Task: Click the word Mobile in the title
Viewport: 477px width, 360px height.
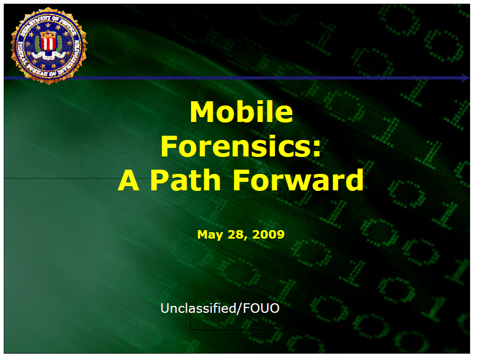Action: (x=241, y=112)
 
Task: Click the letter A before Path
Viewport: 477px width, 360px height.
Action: (x=129, y=180)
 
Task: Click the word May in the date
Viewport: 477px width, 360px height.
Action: (x=207, y=234)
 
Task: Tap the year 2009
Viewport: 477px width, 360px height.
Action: (x=268, y=234)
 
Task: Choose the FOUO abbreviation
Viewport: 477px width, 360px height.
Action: (x=261, y=308)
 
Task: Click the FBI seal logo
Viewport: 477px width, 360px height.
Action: (x=48, y=45)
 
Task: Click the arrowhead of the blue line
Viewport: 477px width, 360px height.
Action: (x=465, y=78)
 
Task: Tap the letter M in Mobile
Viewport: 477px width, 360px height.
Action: (x=201, y=112)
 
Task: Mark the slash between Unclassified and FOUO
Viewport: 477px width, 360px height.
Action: (x=239, y=308)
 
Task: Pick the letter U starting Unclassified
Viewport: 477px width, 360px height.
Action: (x=165, y=308)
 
